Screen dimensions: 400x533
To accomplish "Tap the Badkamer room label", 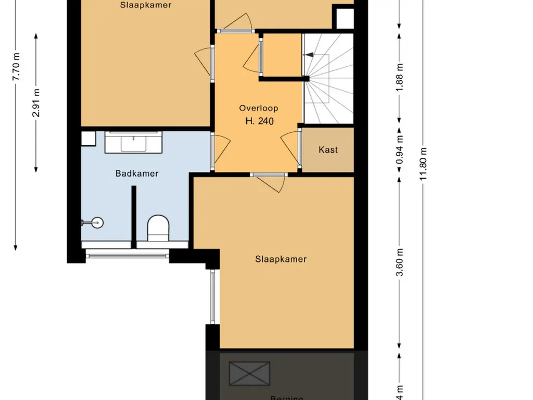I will (x=137, y=174).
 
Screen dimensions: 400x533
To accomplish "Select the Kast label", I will (x=328, y=150).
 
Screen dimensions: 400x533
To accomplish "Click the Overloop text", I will (x=258, y=108).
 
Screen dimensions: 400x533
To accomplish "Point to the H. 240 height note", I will (x=259, y=121).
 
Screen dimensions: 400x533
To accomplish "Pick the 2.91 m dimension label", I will (x=36, y=103).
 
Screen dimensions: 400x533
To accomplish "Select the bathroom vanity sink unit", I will (x=134, y=142).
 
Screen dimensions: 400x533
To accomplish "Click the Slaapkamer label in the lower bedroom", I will (x=281, y=259).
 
